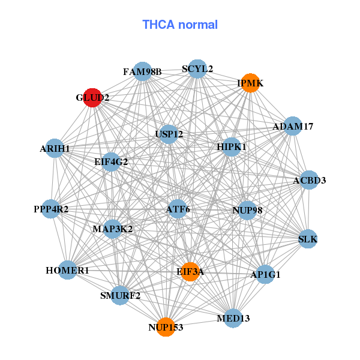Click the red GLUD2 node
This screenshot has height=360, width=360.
point(92,97)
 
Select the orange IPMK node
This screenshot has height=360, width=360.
point(250,83)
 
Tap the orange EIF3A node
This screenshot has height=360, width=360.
point(190,272)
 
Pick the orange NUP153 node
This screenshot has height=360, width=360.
point(166,327)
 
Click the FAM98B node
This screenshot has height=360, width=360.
point(142,72)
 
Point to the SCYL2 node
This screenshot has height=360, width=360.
point(197,69)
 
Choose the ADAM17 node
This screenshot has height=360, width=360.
point(292,127)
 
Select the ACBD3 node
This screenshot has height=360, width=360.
point(309,180)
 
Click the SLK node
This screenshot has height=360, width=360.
point(308,239)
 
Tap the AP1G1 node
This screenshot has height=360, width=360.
point(265,275)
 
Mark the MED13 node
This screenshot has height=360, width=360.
point(233,317)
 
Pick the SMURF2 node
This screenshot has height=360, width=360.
point(120,295)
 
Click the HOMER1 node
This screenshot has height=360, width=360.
point(67,271)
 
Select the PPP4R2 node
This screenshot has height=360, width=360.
point(51,209)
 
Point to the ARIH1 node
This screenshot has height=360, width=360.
point(55,148)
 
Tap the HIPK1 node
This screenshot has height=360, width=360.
point(231,146)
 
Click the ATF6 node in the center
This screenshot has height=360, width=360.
point(178,209)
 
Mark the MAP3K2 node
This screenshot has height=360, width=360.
point(112,229)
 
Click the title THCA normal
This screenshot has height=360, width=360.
point(180,25)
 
